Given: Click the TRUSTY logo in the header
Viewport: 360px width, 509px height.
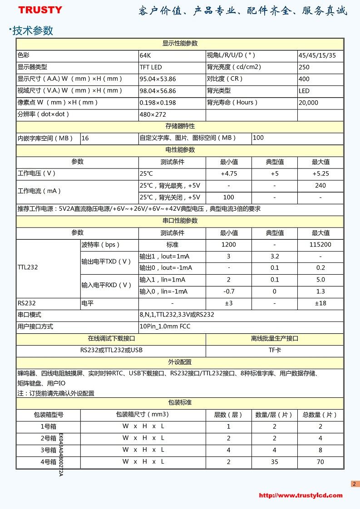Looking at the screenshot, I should (x=40, y=10).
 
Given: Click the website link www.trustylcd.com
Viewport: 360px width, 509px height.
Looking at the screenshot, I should (x=301, y=495).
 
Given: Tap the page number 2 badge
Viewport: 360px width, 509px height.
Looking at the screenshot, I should (x=355, y=484).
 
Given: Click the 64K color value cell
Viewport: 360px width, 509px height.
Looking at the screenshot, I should (x=145, y=55).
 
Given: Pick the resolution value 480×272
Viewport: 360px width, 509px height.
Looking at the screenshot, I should (x=153, y=114).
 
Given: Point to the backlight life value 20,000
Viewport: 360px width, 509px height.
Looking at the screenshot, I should (x=308, y=103).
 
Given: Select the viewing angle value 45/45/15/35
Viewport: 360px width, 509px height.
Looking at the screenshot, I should (x=317, y=55).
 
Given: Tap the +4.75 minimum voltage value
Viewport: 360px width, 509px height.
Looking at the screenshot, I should (x=229, y=173).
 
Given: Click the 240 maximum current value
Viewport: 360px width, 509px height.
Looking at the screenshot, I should (x=320, y=185).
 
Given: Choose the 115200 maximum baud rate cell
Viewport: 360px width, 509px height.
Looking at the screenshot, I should (x=320, y=244).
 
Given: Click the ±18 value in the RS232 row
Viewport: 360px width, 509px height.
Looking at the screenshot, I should (x=320, y=303).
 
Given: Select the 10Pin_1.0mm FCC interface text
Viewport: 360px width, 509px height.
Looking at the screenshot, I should (x=165, y=326).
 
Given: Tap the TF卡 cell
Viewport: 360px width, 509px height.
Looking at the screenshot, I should (x=274, y=350).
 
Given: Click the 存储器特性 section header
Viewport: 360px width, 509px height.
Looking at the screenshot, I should (x=180, y=126).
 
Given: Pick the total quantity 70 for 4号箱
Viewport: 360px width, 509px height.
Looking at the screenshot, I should (x=320, y=462).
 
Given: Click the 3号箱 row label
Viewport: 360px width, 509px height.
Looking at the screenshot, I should (x=48, y=450).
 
